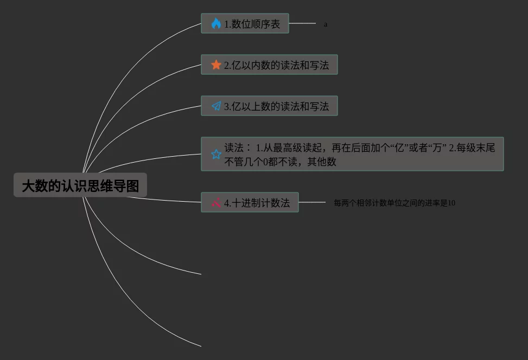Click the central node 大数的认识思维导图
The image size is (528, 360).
(80, 186)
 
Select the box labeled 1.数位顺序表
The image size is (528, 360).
(245, 24)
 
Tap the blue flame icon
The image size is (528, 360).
(216, 24)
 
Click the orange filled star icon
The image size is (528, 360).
(216, 65)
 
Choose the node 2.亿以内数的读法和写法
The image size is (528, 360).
(269, 65)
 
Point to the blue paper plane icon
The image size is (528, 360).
(216, 106)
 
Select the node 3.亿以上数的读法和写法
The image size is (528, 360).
(269, 106)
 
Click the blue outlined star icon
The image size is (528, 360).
(216, 154)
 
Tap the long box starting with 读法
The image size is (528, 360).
(352, 154)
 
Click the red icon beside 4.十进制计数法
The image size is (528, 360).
(216, 203)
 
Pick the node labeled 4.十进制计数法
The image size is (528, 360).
(250, 203)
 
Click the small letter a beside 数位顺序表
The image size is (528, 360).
(326, 24)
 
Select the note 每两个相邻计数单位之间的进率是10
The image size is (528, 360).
(395, 203)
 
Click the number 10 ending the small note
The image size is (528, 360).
(451, 203)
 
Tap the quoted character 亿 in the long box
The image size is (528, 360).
(402, 147)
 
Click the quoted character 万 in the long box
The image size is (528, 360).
(437, 147)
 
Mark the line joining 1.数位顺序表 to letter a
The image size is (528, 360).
(302, 24)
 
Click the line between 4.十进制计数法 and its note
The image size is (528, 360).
(312, 203)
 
